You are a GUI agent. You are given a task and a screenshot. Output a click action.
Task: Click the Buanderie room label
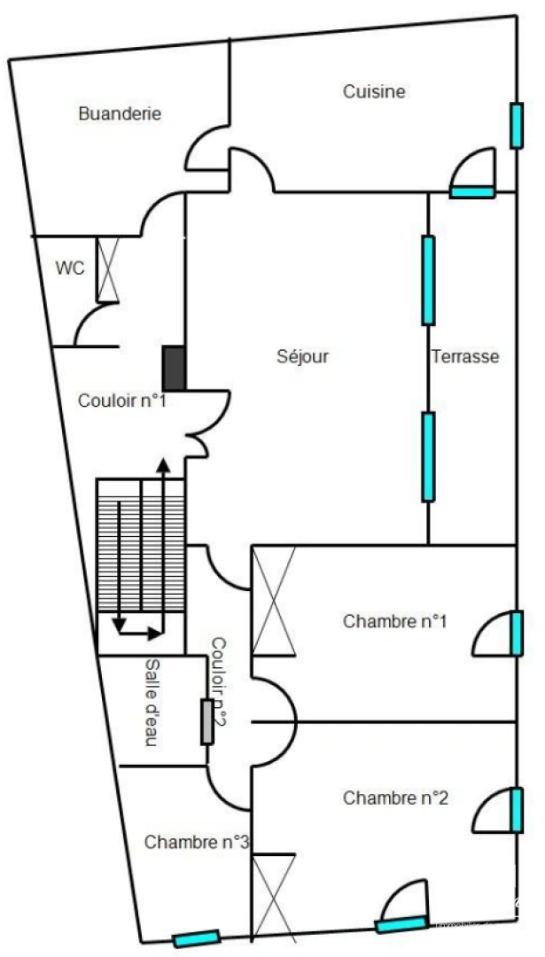click(x=120, y=113)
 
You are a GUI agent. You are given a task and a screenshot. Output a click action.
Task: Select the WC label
click(x=70, y=268)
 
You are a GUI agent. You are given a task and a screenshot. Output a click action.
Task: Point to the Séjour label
click(x=303, y=356)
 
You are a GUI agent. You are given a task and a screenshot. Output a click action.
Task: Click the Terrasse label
click(x=465, y=356)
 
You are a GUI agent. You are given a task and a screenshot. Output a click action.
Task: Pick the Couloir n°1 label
click(x=122, y=401)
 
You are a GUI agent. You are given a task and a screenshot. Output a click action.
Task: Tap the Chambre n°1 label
click(x=394, y=621)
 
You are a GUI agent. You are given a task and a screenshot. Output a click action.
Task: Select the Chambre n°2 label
click(x=395, y=798)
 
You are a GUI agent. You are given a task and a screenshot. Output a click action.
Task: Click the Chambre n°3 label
click(x=196, y=842)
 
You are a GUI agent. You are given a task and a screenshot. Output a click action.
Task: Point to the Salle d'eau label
click(x=152, y=703)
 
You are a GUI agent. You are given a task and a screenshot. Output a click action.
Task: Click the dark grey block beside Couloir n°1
click(x=174, y=368)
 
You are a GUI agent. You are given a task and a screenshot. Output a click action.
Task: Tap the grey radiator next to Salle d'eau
click(x=207, y=721)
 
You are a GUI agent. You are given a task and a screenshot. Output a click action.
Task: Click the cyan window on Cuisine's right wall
click(x=517, y=125)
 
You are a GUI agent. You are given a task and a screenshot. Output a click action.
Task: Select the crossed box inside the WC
click(x=107, y=268)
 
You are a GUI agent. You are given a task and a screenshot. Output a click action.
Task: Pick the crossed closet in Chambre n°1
click(x=273, y=601)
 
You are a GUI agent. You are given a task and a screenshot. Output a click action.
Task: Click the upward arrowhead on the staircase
click(x=162, y=463)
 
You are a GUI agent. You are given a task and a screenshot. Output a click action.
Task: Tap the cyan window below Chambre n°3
click(x=196, y=938)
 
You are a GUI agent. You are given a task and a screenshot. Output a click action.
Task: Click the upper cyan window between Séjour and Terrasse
click(x=428, y=280)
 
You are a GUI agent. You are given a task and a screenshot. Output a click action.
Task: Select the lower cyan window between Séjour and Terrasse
click(x=428, y=456)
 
